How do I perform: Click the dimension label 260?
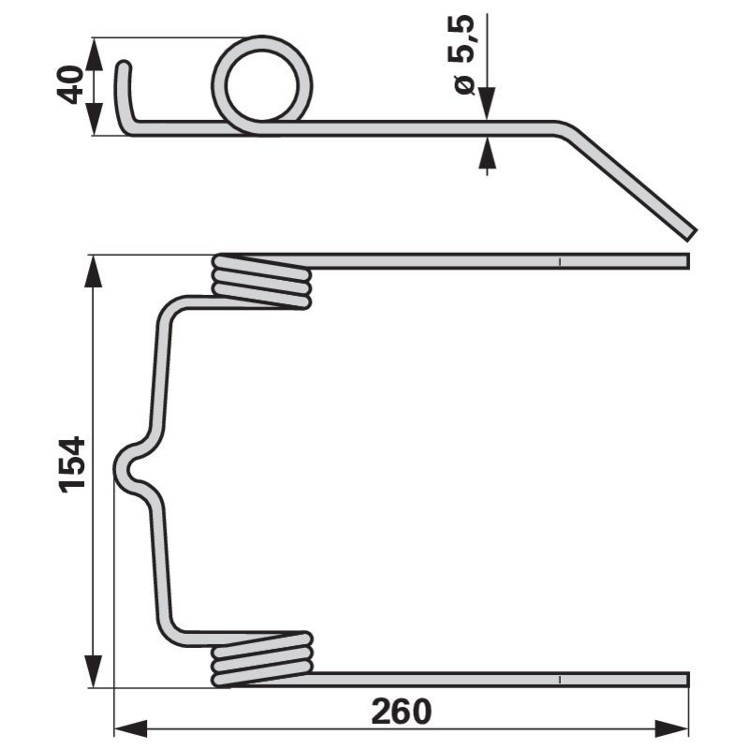pyautogui.click(x=402, y=712)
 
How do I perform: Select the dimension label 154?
pyautogui.click(x=72, y=463)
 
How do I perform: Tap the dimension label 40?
pyautogui.click(x=69, y=84)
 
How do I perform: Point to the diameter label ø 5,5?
pyautogui.click(x=461, y=54)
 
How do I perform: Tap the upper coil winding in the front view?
pyautogui.click(x=261, y=282)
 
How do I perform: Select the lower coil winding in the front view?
pyautogui.click(x=262, y=659)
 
